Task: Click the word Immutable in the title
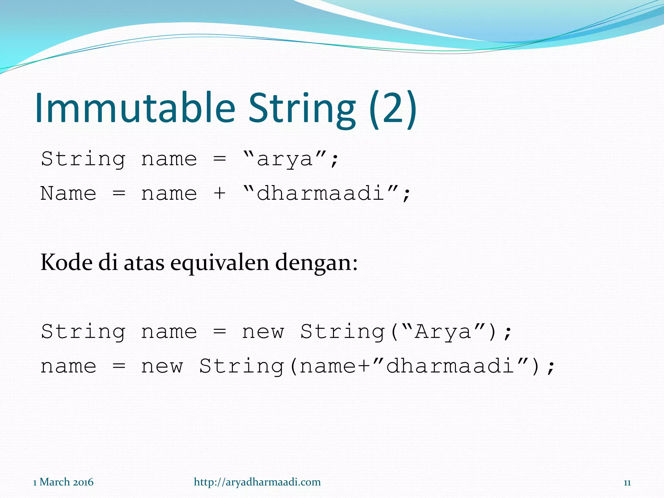(x=135, y=108)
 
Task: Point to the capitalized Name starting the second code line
(x=68, y=194)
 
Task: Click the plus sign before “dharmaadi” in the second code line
(x=219, y=194)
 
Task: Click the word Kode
(x=66, y=262)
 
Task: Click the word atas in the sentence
(x=144, y=263)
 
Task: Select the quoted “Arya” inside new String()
(x=443, y=332)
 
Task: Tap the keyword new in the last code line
(x=162, y=367)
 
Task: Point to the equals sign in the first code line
(x=219, y=159)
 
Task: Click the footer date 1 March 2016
(x=63, y=482)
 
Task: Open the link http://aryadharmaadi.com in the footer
(x=257, y=482)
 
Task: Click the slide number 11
(x=627, y=483)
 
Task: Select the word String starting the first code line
(x=83, y=159)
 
